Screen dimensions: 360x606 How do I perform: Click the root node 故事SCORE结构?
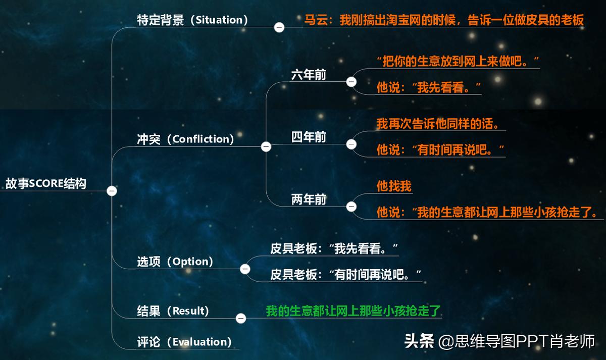(46, 184)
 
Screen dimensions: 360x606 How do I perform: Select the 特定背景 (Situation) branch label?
(192, 20)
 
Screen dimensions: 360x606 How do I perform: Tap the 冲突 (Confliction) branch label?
(185, 139)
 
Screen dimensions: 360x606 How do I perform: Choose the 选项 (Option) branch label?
(175, 262)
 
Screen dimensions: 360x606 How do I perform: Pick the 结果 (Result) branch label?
(173, 311)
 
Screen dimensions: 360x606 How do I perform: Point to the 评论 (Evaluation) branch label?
(184, 342)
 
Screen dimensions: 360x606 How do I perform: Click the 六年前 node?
(309, 75)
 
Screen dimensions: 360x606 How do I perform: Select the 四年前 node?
(309, 137)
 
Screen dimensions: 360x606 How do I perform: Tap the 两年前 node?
(309, 199)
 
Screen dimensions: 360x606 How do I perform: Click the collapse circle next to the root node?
(112, 191)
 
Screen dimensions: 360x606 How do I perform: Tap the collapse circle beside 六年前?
(351, 81)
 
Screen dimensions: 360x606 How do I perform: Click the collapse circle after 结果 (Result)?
(241, 318)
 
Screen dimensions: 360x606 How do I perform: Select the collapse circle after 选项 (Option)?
(245, 269)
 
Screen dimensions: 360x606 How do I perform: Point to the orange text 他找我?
(394, 186)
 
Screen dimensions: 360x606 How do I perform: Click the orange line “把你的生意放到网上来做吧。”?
(458, 62)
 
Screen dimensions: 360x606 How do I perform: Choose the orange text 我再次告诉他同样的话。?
(441, 124)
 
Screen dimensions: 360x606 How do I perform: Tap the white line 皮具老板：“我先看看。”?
(334, 248)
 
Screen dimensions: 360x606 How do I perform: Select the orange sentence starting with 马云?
(444, 20)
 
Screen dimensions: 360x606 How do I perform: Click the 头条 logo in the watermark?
(419, 341)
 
